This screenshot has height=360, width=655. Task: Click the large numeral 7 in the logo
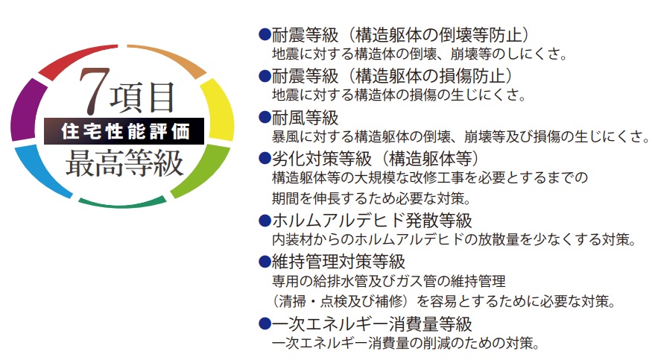tap(94, 91)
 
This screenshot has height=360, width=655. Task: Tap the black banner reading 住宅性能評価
tap(124, 131)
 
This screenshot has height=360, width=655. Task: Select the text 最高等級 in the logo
tap(124, 163)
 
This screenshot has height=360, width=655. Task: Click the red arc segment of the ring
tap(77, 60)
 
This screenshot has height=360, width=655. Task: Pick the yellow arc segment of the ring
tap(218, 110)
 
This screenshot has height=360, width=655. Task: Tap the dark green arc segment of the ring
tap(122, 203)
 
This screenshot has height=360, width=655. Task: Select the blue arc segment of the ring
tap(42, 172)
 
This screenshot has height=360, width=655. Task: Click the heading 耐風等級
tap(305, 118)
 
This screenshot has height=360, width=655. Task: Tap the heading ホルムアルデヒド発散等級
tap(372, 221)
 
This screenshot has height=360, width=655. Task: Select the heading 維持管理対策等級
tap(338, 262)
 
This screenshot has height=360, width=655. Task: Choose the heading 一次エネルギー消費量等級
tap(372, 323)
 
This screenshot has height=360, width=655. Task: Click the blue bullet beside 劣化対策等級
tap(265, 158)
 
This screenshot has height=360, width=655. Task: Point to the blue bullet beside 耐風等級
tap(265, 117)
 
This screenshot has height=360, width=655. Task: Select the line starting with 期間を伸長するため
tap(371, 198)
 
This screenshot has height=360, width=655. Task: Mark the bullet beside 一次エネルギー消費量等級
tap(265, 323)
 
